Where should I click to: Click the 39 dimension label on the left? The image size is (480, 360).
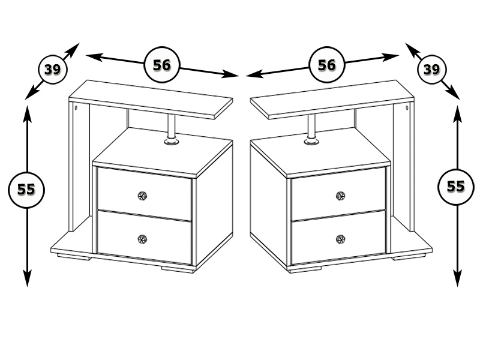point(52,70)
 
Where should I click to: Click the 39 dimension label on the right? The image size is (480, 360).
point(431,70)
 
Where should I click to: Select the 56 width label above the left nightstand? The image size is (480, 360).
point(161,65)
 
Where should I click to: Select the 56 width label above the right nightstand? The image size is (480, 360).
point(326,65)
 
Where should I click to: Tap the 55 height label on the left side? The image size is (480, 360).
point(26,190)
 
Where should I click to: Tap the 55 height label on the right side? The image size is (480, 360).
point(456,187)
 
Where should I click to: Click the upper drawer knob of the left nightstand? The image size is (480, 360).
point(142,196)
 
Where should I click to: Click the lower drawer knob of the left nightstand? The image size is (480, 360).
point(142,239)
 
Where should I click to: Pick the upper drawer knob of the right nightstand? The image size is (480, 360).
point(340,196)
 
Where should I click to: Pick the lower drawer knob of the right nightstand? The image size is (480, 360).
point(340,239)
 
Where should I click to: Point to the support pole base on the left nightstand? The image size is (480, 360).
point(172,141)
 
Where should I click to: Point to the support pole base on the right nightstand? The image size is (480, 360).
point(311,141)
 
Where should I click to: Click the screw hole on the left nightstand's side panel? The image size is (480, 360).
point(76,107)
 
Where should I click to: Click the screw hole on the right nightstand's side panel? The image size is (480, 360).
point(407,107)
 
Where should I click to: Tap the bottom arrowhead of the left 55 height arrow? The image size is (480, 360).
point(27,278)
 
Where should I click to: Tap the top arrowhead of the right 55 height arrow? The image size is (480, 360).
point(457,114)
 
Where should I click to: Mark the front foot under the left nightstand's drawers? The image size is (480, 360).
point(178,269)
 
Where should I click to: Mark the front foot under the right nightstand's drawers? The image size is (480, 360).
point(305,269)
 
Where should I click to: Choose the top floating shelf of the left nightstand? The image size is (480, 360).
point(151,100)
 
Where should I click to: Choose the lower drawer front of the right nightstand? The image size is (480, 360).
point(338,237)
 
